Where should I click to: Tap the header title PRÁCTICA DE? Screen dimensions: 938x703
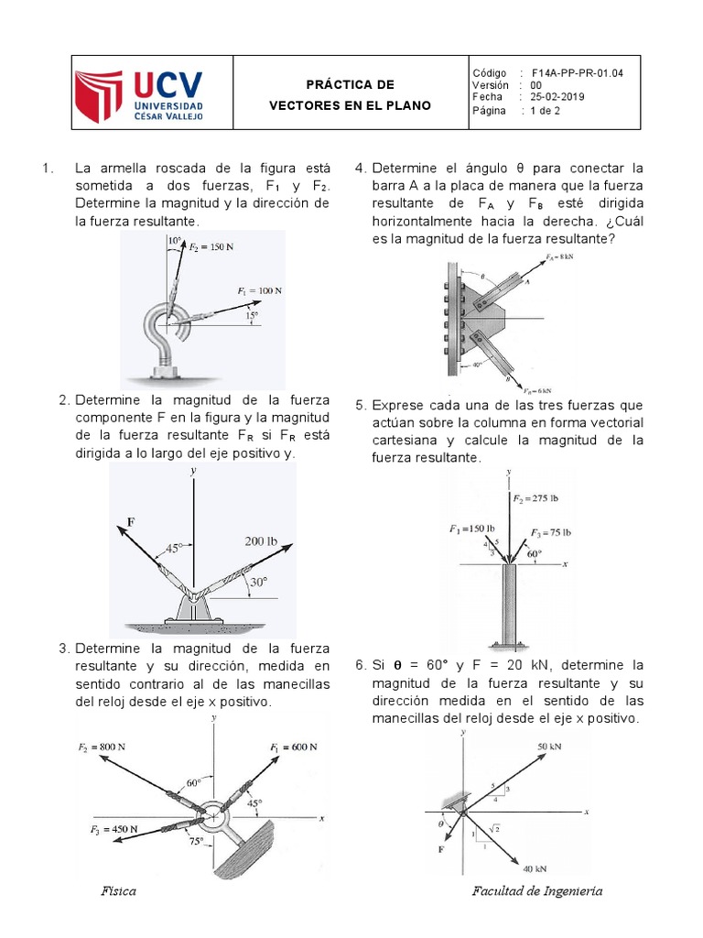click(350, 84)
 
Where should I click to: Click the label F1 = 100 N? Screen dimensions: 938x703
click(259, 290)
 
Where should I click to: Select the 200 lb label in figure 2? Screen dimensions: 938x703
click(260, 541)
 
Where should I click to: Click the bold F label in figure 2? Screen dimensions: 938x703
click(131, 521)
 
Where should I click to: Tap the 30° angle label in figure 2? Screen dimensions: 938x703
click(259, 581)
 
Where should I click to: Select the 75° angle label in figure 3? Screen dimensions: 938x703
click(196, 840)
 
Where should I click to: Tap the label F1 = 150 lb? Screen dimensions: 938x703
click(471, 529)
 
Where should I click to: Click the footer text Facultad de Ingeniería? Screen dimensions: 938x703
click(536, 891)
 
